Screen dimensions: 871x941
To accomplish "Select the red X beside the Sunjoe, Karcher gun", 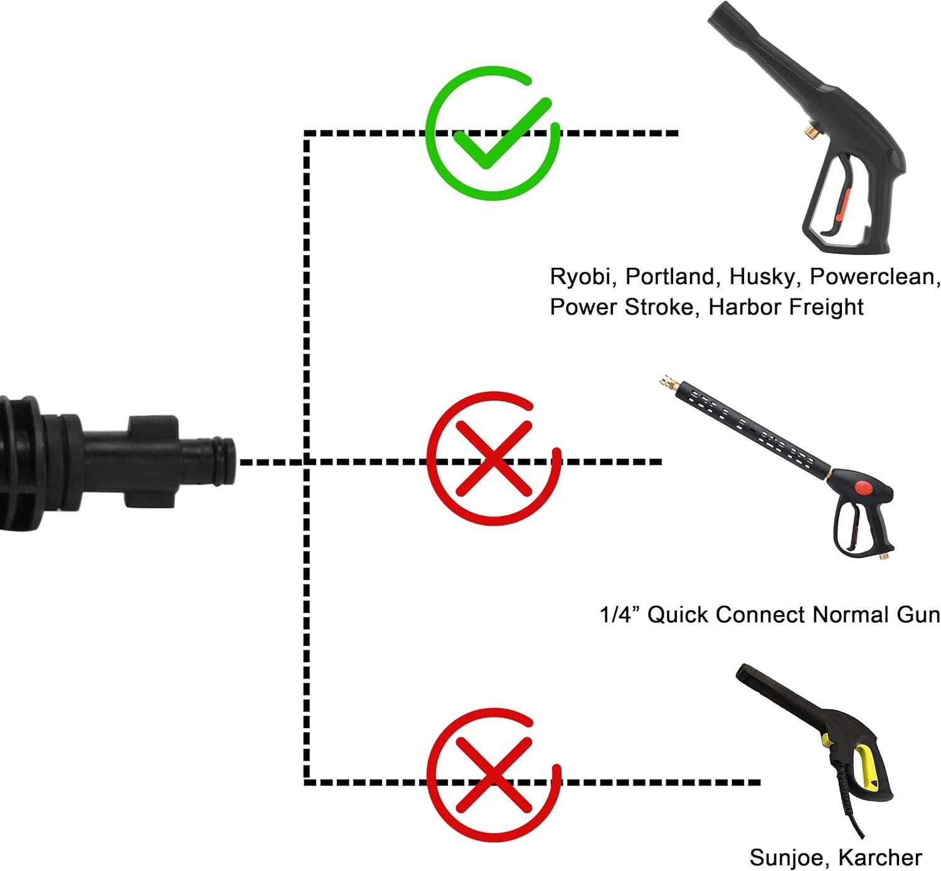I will (x=493, y=776).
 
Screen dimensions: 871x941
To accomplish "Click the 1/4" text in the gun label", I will (x=619, y=615).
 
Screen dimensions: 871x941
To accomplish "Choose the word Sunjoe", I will (x=787, y=857).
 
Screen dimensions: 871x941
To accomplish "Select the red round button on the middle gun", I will (x=863, y=486).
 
